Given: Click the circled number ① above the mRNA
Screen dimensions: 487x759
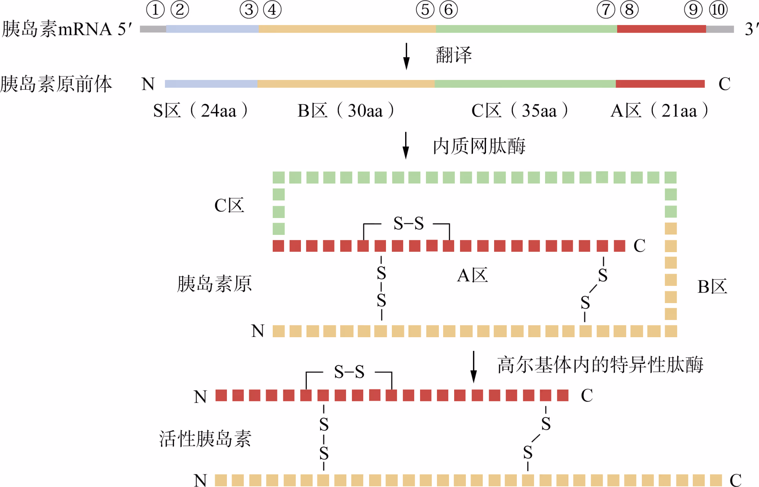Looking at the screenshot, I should (155, 10).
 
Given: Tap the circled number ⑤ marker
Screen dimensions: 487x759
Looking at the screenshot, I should (425, 10).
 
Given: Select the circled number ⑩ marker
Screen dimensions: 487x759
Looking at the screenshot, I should (718, 10).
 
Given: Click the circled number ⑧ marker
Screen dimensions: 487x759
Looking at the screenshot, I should (629, 10).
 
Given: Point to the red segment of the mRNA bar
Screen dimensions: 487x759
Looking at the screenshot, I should (661, 29).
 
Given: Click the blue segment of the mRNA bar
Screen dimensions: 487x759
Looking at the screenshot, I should (212, 29).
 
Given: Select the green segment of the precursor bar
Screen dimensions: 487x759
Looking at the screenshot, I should (525, 84).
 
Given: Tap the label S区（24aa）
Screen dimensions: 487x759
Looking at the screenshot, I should (200, 111).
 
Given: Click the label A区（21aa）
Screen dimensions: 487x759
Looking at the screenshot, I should (659, 111).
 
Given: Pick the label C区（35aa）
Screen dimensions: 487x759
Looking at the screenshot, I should (520, 111).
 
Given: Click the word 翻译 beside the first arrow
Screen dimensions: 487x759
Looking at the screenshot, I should (454, 55).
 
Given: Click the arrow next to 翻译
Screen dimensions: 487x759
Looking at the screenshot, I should (406, 56).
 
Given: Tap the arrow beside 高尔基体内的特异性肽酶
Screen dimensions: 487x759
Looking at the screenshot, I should (473, 367).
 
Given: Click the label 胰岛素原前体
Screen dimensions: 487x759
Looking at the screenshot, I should (56, 84).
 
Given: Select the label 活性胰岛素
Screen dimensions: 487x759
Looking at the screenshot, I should (205, 439).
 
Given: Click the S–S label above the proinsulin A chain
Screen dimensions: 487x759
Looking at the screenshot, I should (408, 224).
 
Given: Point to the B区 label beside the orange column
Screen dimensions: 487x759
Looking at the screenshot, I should (712, 287).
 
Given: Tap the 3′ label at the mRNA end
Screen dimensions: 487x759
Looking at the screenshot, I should (751, 29).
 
